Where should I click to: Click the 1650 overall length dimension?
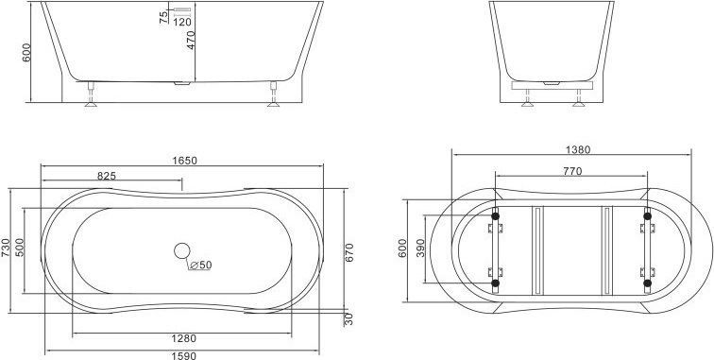click(184, 161)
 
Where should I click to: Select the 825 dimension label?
click(107, 176)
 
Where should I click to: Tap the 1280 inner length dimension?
click(183, 338)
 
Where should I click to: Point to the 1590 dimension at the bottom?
click(183, 356)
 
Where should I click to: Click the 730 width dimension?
click(5, 248)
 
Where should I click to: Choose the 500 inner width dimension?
click(20, 248)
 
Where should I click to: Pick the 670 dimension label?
click(349, 253)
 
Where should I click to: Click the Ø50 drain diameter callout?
click(200, 265)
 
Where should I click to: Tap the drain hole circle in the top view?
click(182, 250)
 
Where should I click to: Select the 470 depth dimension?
click(191, 40)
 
